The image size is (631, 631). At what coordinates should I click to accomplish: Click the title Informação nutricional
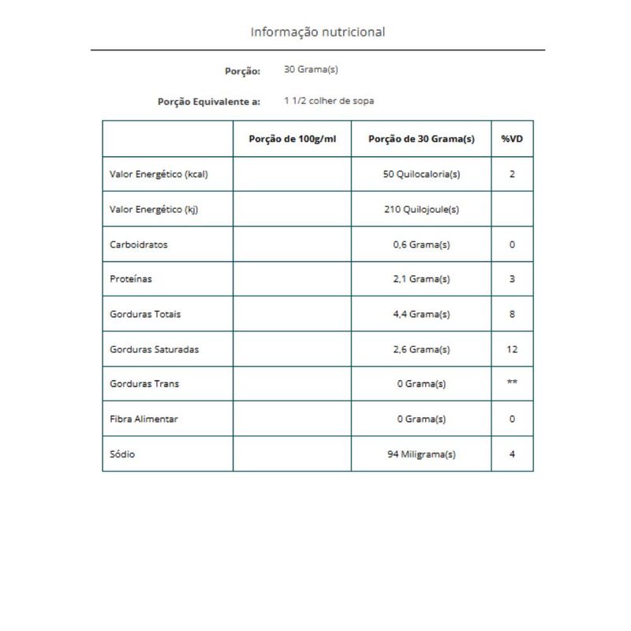(318, 32)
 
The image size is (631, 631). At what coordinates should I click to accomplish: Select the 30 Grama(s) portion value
(311, 69)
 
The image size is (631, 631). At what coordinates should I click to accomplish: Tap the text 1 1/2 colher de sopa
(329, 101)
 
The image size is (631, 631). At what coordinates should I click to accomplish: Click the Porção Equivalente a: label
(209, 102)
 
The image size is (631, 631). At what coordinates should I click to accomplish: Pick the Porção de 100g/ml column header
(292, 139)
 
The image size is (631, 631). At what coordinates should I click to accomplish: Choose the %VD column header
(512, 139)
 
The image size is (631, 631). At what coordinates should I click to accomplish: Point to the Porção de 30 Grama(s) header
(421, 139)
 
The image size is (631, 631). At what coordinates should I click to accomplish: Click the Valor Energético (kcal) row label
(159, 174)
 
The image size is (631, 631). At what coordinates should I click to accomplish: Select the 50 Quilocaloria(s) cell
(421, 174)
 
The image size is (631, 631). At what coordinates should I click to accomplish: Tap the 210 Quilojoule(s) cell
(421, 209)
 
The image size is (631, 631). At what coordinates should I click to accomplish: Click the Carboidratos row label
(138, 245)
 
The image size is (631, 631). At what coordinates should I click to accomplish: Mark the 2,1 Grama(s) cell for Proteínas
(421, 279)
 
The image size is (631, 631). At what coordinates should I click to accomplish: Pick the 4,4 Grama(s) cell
(421, 314)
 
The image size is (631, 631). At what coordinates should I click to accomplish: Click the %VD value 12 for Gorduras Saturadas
(512, 349)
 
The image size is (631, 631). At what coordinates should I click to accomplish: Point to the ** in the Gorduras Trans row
(512, 383)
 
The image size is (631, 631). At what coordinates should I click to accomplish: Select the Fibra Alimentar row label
(144, 419)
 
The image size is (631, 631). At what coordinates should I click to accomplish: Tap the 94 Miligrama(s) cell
(421, 454)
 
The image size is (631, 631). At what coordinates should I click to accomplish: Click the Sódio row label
(122, 454)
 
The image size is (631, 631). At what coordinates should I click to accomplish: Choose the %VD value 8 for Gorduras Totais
(512, 314)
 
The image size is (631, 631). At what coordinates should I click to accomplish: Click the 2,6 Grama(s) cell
(421, 349)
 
